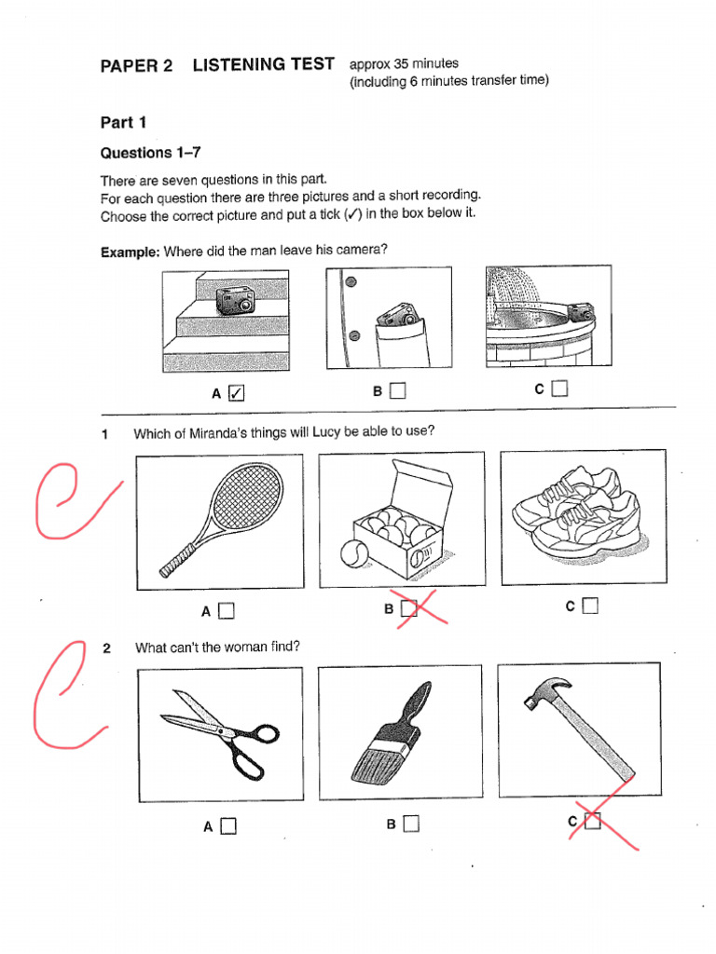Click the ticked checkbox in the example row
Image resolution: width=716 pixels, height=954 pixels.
click(236, 393)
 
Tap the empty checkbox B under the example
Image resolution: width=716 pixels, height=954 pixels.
click(398, 391)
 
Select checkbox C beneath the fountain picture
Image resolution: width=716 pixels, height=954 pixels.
click(559, 389)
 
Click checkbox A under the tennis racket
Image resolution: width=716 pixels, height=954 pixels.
click(227, 611)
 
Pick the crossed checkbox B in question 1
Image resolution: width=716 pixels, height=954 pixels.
click(407, 607)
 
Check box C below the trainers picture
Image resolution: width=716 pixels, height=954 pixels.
click(589, 606)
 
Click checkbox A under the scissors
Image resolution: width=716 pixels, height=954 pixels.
click(228, 825)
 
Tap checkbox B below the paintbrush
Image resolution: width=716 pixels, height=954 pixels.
click(411, 824)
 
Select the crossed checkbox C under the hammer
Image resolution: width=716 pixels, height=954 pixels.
click(592, 821)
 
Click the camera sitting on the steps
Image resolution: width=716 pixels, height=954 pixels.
click(235, 300)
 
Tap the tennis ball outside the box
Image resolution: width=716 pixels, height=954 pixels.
click(355, 554)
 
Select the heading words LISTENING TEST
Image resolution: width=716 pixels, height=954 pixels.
click(263, 65)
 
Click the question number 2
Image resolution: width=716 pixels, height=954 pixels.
click(107, 647)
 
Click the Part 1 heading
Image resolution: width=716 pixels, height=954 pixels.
click(123, 122)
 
